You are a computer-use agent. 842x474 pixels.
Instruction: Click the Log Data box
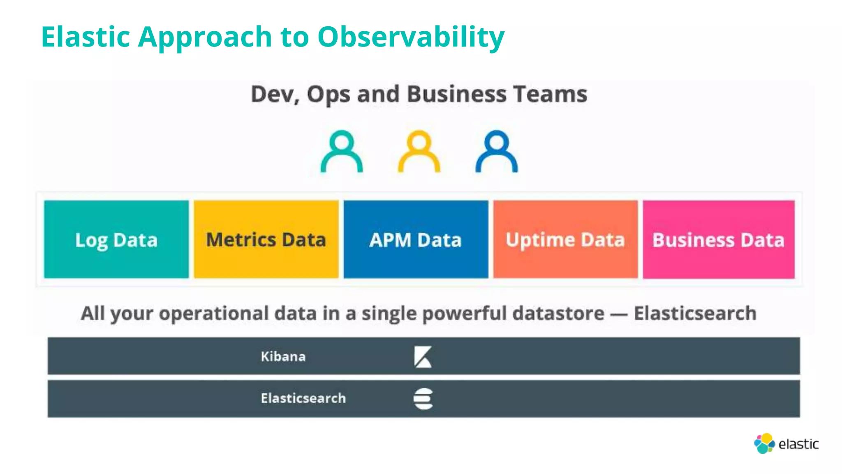tap(116, 239)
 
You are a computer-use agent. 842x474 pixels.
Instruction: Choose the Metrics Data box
tap(266, 239)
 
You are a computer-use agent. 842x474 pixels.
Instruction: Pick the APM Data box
tap(416, 239)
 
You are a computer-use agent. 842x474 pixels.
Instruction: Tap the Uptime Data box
tap(565, 239)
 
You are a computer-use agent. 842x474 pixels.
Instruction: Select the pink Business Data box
tap(719, 239)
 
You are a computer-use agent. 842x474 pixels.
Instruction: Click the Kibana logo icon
tap(423, 357)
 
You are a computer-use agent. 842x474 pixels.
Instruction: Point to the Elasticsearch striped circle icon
tap(423, 399)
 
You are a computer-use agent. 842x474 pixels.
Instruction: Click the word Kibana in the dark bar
tap(283, 356)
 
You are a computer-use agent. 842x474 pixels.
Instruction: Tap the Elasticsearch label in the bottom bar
tap(303, 398)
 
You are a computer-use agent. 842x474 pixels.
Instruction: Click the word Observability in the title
tap(411, 37)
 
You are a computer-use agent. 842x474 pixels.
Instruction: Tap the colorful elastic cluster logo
tap(764, 444)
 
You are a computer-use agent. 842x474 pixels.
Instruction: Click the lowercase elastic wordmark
tap(798, 444)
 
